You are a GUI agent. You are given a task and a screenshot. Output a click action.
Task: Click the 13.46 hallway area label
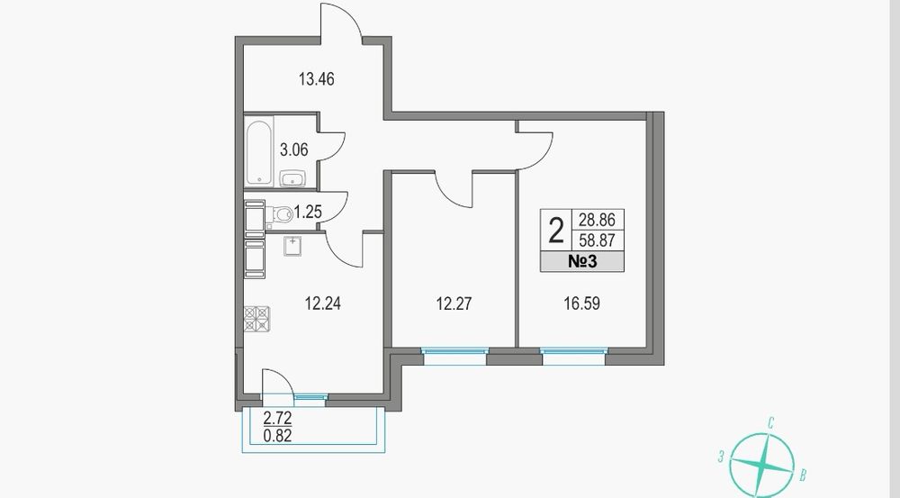point(316,78)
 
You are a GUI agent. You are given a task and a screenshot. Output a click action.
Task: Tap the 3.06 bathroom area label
point(294,149)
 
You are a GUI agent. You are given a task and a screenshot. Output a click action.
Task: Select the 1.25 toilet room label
point(308,213)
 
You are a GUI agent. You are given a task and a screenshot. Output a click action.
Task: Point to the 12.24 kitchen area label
point(322,303)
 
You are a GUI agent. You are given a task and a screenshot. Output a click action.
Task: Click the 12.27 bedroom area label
point(454,303)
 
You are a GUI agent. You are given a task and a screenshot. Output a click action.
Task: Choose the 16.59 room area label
point(582,303)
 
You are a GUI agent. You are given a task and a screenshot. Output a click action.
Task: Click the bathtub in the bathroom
point(259,152)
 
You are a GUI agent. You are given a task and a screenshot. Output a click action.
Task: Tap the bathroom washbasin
point(294,179)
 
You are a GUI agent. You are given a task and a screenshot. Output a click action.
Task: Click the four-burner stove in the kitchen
point(256,319)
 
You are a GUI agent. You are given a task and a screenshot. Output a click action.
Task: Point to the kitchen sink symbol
point(293,245)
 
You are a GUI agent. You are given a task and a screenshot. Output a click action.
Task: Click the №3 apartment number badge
point(582,262)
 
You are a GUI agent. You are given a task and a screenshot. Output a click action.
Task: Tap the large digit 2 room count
point(555,231)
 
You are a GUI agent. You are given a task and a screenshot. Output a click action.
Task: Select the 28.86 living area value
point(597,220)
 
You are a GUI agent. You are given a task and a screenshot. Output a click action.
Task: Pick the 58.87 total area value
point(597,240)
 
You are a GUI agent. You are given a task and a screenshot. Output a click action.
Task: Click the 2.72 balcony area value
point(277,417)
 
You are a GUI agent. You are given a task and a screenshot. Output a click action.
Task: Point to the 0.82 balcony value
point(277,436)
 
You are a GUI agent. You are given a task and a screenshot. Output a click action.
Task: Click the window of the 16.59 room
point(573,356)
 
